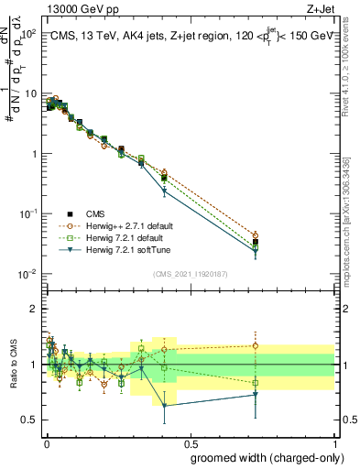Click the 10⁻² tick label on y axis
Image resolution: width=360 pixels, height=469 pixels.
point(27,274)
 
